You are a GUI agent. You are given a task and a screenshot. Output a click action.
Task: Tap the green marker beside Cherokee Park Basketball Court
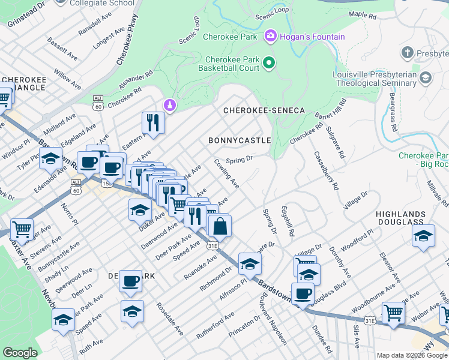coord(270,62)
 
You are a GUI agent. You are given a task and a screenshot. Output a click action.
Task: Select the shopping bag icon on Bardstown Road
coord(220,226)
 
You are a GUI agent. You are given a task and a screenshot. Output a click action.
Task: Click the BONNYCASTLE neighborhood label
coord(240,140)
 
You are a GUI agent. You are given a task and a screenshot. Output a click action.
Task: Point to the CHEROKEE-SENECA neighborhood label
coord(264,111)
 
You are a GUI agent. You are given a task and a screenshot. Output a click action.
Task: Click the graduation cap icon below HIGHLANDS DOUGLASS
coord(423,236)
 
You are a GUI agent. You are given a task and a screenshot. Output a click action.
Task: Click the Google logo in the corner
coord(20,353)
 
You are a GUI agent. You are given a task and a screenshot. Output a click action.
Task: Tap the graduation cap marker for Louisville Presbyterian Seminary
coord(426,77)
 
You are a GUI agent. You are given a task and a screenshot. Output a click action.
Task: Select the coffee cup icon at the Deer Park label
coord(130,281)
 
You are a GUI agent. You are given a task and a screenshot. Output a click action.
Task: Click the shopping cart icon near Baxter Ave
coord(22,229)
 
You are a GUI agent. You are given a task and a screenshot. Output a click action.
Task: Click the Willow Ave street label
coord(67,79)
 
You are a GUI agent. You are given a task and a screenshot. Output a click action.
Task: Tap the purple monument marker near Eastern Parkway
coord(170,106)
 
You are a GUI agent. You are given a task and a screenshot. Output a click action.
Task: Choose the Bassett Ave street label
coord(63,49)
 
